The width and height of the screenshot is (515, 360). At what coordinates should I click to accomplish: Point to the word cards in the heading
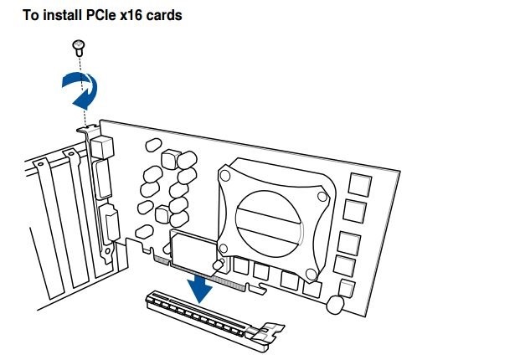tap(163, 15)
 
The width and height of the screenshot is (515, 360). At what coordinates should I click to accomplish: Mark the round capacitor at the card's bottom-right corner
tap(337, 303)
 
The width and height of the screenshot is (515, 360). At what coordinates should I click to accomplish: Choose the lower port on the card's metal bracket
tap(110, 225)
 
